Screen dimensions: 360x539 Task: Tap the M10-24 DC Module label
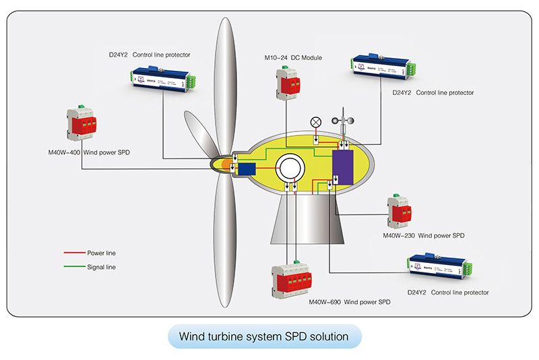(293, 58)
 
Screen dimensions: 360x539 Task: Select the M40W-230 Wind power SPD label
(423, 236)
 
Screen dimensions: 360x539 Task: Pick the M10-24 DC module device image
(286, 84)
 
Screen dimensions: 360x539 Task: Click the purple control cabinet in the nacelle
(344, 167)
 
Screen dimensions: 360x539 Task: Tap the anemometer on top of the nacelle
(344, 121)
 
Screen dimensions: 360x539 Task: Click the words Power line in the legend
(102, 253)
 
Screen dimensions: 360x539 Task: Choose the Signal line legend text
(102, 267)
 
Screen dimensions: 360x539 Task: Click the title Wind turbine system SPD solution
(264, 336)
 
